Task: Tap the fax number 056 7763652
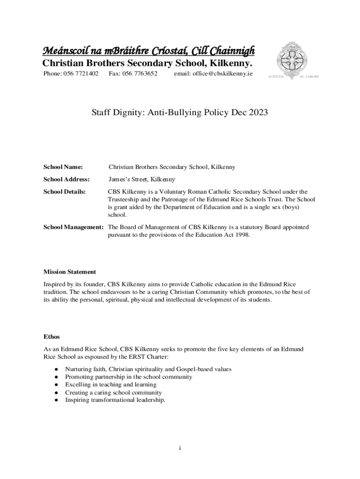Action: point(139,74)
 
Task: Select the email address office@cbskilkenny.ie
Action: point(213,74)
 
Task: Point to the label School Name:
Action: point(63,167)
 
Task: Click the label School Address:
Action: point(66,179)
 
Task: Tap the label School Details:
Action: point(65,191)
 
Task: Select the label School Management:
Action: point(73,227)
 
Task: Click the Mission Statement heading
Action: point(70,272)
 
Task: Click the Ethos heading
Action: point(51,336)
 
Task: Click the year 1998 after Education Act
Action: point(241,235)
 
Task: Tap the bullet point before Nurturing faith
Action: point(56,369)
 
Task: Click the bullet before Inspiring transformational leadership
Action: point(56,400)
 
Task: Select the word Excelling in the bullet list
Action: point(78,385)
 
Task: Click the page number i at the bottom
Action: point(180,448)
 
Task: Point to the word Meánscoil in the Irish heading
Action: point(62,51)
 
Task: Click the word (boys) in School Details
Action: point(289,207)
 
